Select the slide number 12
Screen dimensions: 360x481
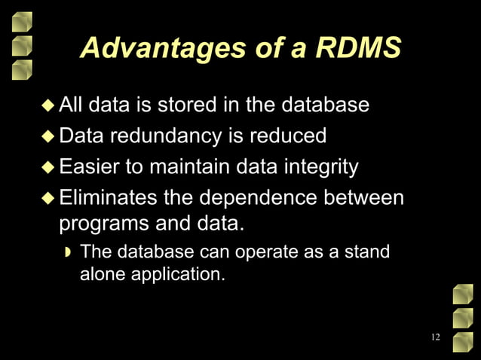[435, 337]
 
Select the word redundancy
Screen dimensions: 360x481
[168, 136]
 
